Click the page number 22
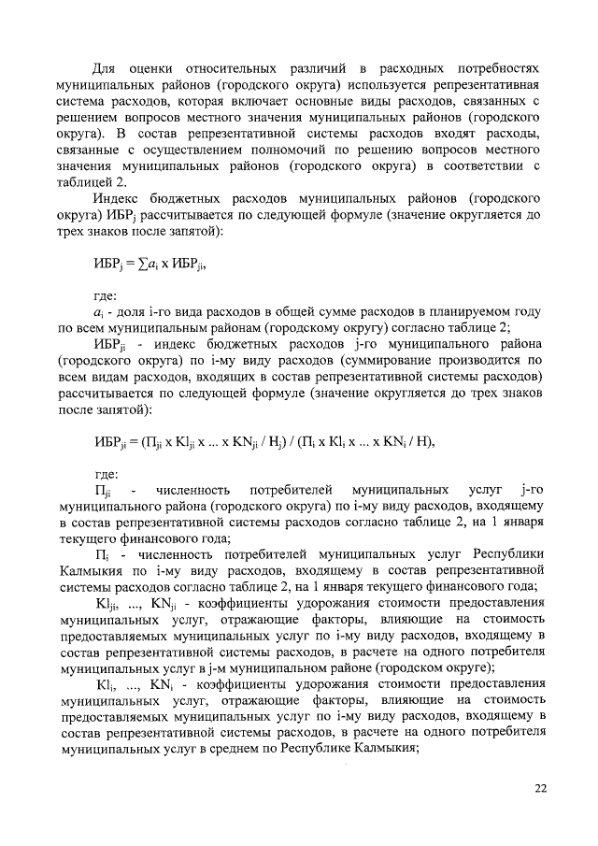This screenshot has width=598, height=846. (539, 788)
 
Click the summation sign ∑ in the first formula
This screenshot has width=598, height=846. (141, 264)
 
